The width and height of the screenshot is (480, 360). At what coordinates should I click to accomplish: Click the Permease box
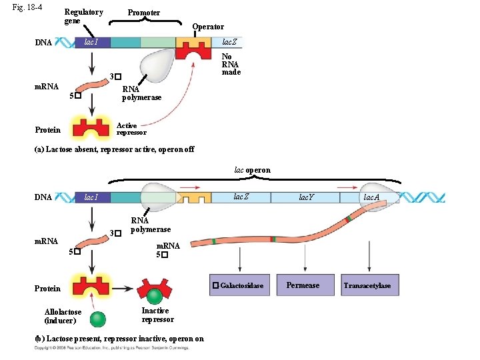click(303, 285)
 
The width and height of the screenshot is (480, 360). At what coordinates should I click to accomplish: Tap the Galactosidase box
click(238, 285)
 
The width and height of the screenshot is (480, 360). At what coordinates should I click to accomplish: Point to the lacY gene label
click(307, 197)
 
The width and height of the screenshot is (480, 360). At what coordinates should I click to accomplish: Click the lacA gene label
click(371, 197)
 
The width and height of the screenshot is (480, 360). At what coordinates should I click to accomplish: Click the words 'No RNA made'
click(231, 65)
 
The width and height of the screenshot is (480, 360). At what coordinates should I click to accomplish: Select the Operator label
click(208, 27)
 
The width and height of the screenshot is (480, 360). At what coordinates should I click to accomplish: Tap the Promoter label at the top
click(143, 13)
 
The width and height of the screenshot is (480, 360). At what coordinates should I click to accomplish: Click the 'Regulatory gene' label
click(83, 17)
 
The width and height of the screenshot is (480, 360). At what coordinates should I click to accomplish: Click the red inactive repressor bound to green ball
click(154, 288)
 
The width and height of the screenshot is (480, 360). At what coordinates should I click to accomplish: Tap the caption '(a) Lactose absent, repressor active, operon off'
click(114, 149)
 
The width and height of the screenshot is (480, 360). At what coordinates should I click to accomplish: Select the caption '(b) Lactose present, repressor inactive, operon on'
click(119, 339)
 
